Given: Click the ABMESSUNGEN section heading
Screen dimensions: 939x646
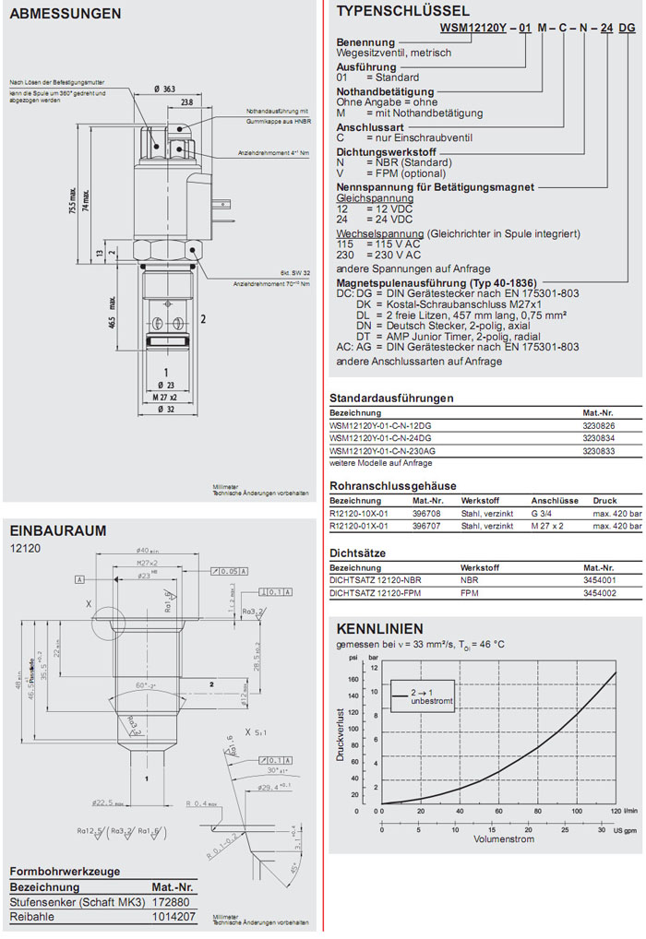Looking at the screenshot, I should tap(66, 14).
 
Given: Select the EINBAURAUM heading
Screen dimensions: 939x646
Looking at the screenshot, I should tap(57, 530).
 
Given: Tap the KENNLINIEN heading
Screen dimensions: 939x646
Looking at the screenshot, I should tap(373, 628).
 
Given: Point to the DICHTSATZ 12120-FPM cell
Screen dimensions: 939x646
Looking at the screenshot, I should tap(376, 592).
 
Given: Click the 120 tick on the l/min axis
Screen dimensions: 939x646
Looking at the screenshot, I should tap(616, 812).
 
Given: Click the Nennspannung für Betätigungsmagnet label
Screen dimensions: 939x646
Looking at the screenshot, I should tap(436, 186).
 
